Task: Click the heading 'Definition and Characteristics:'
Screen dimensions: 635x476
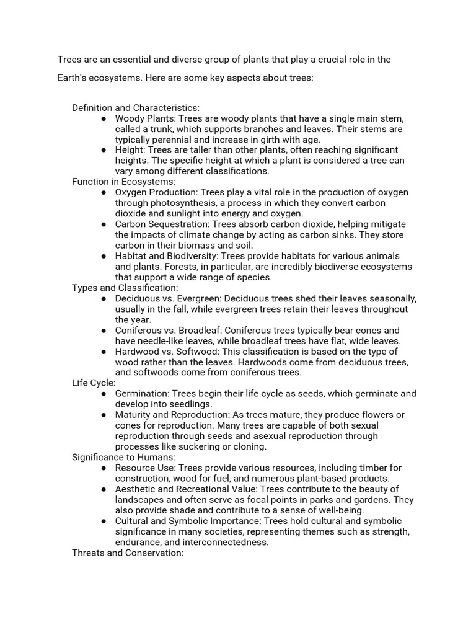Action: pos(136,108)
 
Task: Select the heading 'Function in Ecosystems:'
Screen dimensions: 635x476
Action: pos(124,182)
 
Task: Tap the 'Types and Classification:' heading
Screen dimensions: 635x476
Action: pos(125,288)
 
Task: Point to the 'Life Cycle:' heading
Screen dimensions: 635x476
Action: pos(94,383)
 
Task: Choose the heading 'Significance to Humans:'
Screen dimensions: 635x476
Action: pos(124,457)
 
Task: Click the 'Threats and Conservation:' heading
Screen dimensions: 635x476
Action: pos(128,553)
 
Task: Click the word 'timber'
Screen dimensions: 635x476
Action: pos(366,468)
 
